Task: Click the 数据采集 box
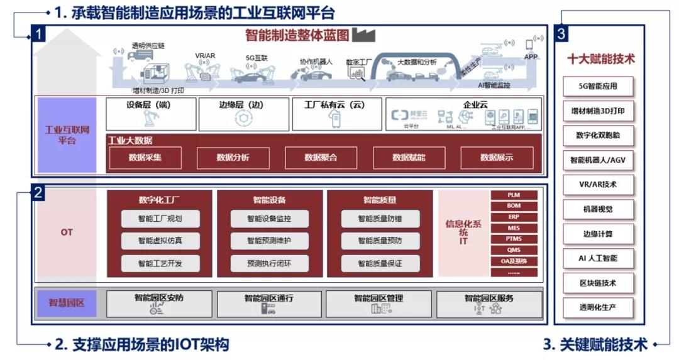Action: pos(145,157)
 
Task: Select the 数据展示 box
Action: pos(497,157)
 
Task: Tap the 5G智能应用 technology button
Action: pos(598,87)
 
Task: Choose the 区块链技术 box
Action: pos(598,283)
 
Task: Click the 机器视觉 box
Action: pos(598,209)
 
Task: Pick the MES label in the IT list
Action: pos(514,228)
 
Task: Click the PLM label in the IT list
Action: pos(514,195)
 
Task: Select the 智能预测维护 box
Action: pos(269,241)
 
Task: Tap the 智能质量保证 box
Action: pos(380,263)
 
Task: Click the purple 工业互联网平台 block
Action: pos(67,135)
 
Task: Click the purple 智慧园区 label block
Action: pos(67,303)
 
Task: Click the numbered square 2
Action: pos(38,193)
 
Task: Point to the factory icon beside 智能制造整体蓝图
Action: pos(363,35)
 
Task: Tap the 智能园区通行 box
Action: pos(268,303)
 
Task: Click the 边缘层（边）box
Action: pos(244,114)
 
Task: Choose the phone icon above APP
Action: pos(529,44)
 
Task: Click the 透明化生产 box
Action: pos(598,308)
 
